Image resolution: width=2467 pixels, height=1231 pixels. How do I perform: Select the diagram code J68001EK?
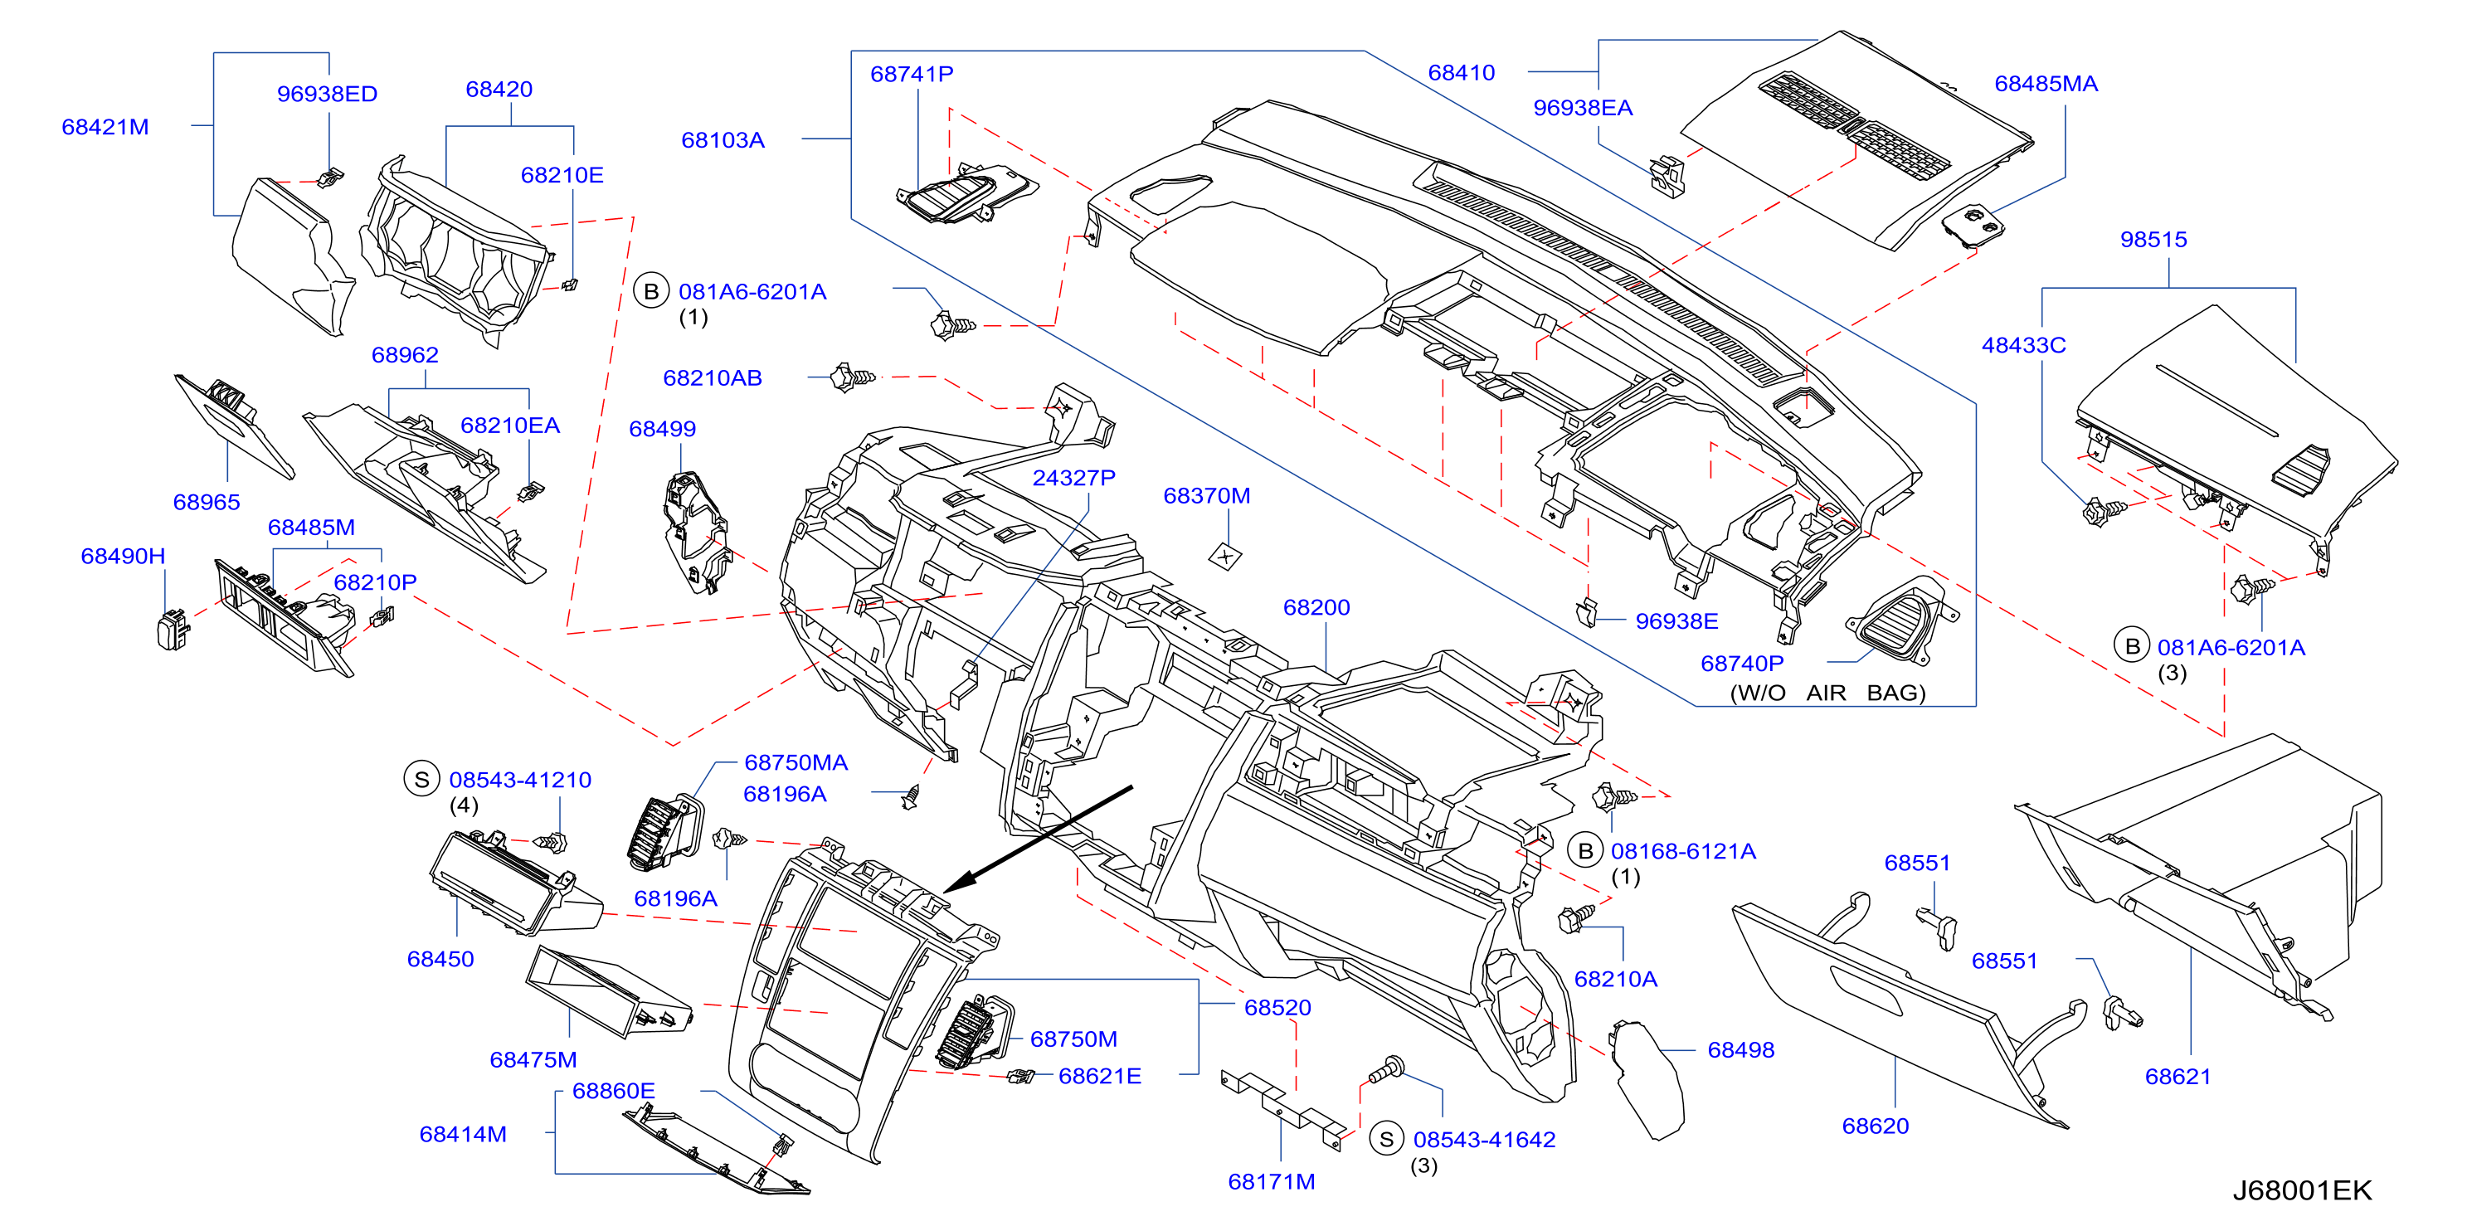pos(2302,1190)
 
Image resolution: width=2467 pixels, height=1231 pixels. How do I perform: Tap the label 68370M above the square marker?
pos(1207,495)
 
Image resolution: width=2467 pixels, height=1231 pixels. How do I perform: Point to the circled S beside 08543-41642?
pos(1386,1139)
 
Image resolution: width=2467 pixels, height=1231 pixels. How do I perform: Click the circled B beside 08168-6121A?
pos(1585,851)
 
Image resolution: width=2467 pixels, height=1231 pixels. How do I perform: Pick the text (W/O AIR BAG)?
pos(1827,693)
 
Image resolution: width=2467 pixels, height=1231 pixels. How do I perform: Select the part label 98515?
pos(2153,240)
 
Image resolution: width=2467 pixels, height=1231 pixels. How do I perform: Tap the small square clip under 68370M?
pos(1226,556)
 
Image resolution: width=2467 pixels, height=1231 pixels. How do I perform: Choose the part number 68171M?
pos(1272,1181)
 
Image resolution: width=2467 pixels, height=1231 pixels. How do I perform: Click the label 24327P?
pos(1073,477)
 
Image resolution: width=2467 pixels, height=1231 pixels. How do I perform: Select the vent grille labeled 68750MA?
pos(664,831)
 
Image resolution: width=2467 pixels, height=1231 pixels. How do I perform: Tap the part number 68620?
pos(1876,1126)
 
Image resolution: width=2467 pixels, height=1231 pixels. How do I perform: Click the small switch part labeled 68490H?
pos(173,630)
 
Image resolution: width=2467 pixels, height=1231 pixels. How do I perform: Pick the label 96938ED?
pos(327,94)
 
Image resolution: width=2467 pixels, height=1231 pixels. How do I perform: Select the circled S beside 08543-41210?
pos(421,779)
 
